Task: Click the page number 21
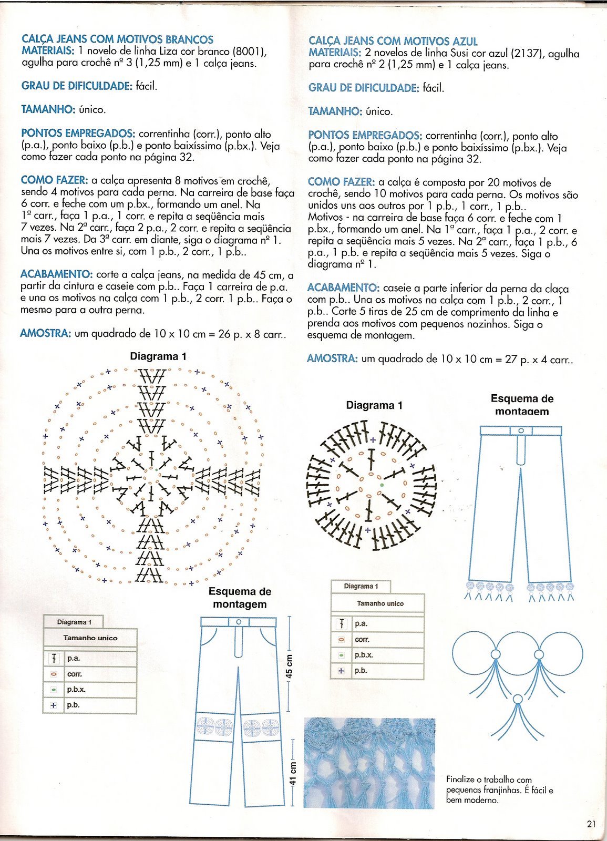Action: pyautogui.click(x=591, y=824)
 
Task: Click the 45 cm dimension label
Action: pyautogui.click(x=289, y=665)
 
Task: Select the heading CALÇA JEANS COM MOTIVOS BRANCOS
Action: pyautogui.click(x=118, y=39)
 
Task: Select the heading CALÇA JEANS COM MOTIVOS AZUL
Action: pyautogui.click(x=393, y=41)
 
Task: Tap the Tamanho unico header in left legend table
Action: pyautogui.click(x=90, y=638)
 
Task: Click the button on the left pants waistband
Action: pyautogui.click(x=239, y=622)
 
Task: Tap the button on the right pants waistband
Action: pyautogui.click(x=521, y=430)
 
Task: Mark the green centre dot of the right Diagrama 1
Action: pyautogui.click(x=381, y=485)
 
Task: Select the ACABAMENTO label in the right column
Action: pyautogui.click(x=343, y=288)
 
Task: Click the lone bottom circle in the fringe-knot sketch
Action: pyautogui.click(x=518, y=699)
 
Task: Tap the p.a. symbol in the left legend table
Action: pyautogui.click(x=54, y=658)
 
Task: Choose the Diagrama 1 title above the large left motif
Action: pyautogui.click(x=158, y=356)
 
